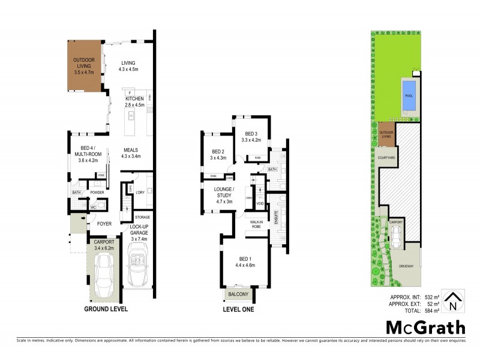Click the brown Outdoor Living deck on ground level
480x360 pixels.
(x=83, y=65)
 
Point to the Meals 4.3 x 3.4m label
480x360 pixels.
(x=131, y=153)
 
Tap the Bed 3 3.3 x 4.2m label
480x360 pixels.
(x=251, y=137)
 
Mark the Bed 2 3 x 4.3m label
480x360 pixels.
(x=218, y=155)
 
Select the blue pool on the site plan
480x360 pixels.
(x=408, y=95)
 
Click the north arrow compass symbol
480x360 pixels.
(x=455, y=299)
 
